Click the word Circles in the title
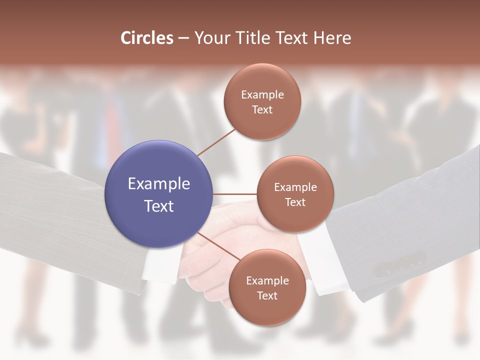(146, 37)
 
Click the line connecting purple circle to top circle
(216, 141)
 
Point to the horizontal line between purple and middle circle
(235, 194)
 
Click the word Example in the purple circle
(158, 183)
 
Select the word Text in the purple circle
(158, 206)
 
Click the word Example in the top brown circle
(262, 95)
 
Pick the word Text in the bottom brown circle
(267, 295)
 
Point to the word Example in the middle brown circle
(295, 187)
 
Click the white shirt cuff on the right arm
(325, 260)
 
